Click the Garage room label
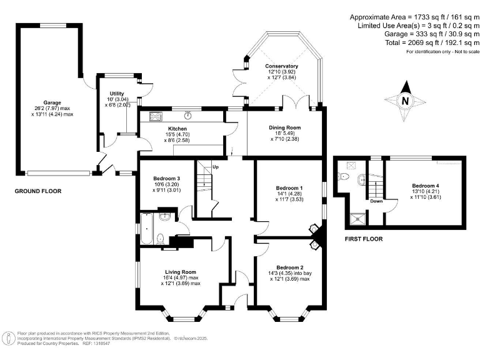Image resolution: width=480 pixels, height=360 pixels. click(51, 103)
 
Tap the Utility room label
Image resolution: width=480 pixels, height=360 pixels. click(117, 92)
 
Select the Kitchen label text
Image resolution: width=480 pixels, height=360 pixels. click(160, 129)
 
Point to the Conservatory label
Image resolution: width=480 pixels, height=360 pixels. click(281, 66)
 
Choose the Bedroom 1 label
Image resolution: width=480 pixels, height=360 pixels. click(289, 187)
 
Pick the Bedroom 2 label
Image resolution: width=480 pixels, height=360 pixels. click(289, 267)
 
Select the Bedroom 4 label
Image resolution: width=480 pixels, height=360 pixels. click(425, 186)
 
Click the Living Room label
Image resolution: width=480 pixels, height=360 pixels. click(181, 272)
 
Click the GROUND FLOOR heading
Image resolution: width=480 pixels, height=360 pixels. click(38, 191)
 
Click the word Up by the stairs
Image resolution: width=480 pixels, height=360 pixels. click(216, 167)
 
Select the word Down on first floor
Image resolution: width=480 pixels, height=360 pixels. click(376, 201)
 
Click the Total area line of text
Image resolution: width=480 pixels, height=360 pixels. click(416, 43)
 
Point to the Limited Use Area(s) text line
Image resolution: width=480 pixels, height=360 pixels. click(416, 25)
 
